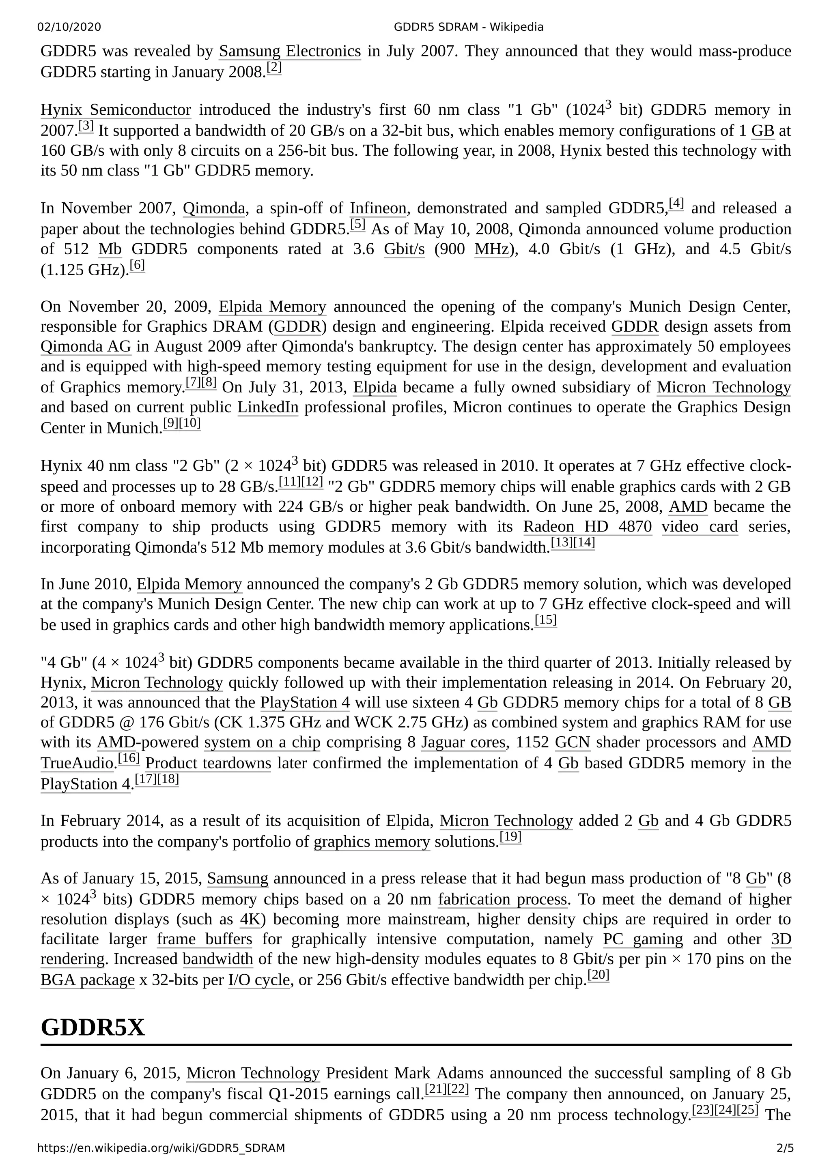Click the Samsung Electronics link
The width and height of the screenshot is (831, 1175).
point(290,51)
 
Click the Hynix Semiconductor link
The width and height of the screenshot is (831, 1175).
point(116,110)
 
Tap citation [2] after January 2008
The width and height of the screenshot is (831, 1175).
point(274,68)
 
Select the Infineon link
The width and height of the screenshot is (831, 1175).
point(378,208)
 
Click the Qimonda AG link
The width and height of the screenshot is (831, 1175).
point(86,347)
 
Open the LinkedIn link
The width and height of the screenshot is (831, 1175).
point(268,407)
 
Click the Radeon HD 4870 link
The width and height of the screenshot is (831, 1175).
point(587,527)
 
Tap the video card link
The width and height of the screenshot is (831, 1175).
point(700,527)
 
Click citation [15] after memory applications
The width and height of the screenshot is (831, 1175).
point(545,620)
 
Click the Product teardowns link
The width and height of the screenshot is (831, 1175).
point(208,763)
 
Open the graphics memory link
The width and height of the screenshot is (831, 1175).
point(372,842)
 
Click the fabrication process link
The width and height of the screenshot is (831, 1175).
point(502,899)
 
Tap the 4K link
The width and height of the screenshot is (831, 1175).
point(250,920)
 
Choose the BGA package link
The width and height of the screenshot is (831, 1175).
point(88,980)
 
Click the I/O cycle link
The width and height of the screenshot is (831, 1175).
point(259,980)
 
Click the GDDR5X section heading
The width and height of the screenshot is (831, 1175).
point(93,1027)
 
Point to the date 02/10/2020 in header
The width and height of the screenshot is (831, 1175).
point(69,27)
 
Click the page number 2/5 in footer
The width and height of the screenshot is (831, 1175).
point(785,1148)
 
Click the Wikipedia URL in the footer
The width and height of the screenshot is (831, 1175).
point(161,1148)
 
